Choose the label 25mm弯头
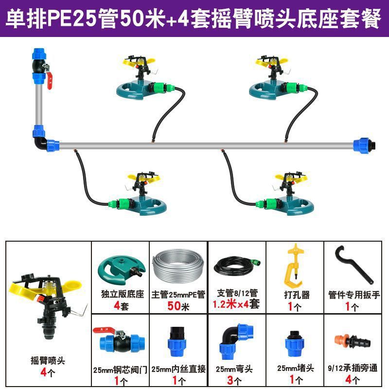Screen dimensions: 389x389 [x=236, y=368]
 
